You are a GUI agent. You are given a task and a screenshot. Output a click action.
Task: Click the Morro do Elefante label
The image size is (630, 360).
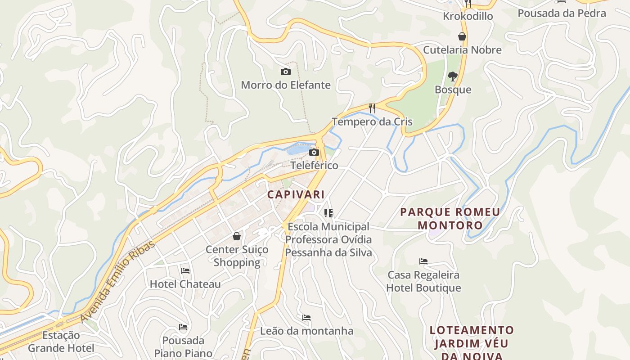coord(286,85)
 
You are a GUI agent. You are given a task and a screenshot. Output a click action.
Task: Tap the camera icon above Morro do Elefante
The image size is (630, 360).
coord(285,72)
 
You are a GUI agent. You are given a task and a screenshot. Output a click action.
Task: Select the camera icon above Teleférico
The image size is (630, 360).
coord(314,153)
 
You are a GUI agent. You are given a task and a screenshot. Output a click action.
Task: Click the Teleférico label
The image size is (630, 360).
coord(314,165)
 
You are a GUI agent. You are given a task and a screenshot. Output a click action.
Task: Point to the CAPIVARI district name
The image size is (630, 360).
coord(296,194)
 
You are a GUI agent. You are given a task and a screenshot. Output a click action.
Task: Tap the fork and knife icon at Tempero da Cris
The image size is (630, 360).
coord(372,108)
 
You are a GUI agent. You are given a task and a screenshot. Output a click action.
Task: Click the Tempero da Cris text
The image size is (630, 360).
coord(372,121)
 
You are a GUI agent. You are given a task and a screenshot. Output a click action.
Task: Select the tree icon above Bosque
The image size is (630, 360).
coord(453,76)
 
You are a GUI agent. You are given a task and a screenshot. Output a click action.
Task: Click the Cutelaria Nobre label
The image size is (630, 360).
coord(462,50)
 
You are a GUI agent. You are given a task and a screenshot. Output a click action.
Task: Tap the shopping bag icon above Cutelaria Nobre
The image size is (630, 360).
coord(462,36)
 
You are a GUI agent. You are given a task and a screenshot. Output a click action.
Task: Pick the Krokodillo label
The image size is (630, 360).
coord(468,16)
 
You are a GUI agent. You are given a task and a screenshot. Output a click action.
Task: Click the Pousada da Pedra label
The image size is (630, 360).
coord(562,13)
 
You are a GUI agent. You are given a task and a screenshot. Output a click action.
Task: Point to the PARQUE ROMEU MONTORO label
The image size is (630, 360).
coord(450,218)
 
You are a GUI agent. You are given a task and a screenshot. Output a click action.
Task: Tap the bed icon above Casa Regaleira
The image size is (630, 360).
coord(423,261)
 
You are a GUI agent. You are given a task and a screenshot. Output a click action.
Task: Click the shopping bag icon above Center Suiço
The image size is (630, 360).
coord(237,236)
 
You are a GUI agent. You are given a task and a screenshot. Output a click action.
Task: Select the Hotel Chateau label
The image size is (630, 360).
coord(185,284)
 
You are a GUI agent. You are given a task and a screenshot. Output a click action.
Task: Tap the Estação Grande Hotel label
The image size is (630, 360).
coord(61,342)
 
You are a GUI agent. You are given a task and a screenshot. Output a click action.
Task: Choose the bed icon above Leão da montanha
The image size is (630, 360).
coord(306,318)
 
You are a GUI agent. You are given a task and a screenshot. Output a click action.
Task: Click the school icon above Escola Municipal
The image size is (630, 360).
coord(328,213)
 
